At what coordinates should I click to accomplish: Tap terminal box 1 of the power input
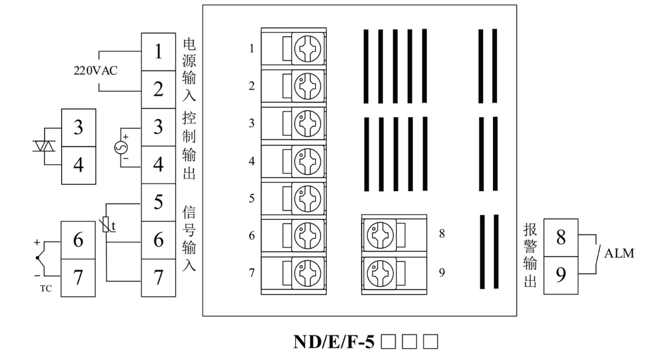(x=158, y=52)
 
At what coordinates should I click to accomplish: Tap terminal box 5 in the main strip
(x=158, y=203)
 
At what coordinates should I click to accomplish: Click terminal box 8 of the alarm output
(x=561, y=238)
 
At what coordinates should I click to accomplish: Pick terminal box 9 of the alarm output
(x=561, y=275)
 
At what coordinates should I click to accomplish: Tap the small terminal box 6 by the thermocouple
(x=78, y=241)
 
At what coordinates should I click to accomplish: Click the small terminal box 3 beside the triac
(x=78, y=128)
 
